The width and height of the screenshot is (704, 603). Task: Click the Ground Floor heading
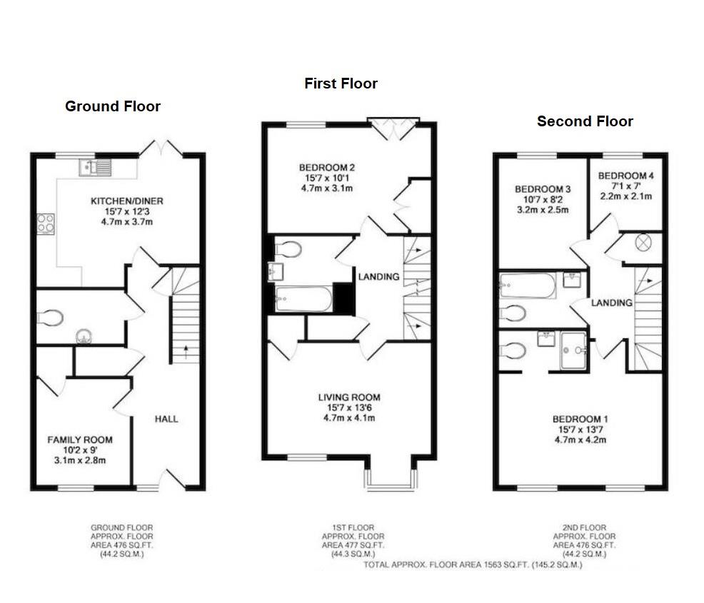[x=113, y=106]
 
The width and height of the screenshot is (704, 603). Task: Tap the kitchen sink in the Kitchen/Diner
[x=95, y=168]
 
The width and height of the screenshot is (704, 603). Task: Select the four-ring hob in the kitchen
[x=46, y=223]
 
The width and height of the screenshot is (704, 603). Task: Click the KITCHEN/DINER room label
[x=127, y=201]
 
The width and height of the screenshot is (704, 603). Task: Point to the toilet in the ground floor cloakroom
[x=50, y=318]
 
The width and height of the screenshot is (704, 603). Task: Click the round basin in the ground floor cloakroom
[x=84, y=336]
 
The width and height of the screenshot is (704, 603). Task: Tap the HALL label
[x=166, y=419]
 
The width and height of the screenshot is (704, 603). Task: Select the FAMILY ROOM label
[x=80, y=440]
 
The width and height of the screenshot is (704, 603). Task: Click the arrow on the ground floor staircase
[x=186, y=352]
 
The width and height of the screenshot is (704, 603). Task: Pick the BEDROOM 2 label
[x=327, y=168]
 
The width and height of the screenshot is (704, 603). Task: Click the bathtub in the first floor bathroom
[x=303, y=299]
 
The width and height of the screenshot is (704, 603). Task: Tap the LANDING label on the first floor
[x=378, y=277]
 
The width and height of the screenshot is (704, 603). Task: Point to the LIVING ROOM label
[x=349, y=397]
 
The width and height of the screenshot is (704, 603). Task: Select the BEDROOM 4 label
[x=626, y=176]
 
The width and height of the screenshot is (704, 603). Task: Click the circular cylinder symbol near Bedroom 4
[x=643, y=243]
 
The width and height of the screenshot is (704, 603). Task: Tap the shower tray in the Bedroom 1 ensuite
[x=573, y=351]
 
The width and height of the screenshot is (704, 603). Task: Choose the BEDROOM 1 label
[x=580, y=419]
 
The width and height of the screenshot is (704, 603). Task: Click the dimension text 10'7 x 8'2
[x=543, y=200]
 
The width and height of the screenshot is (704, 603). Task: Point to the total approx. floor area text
[x=473, y=565]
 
